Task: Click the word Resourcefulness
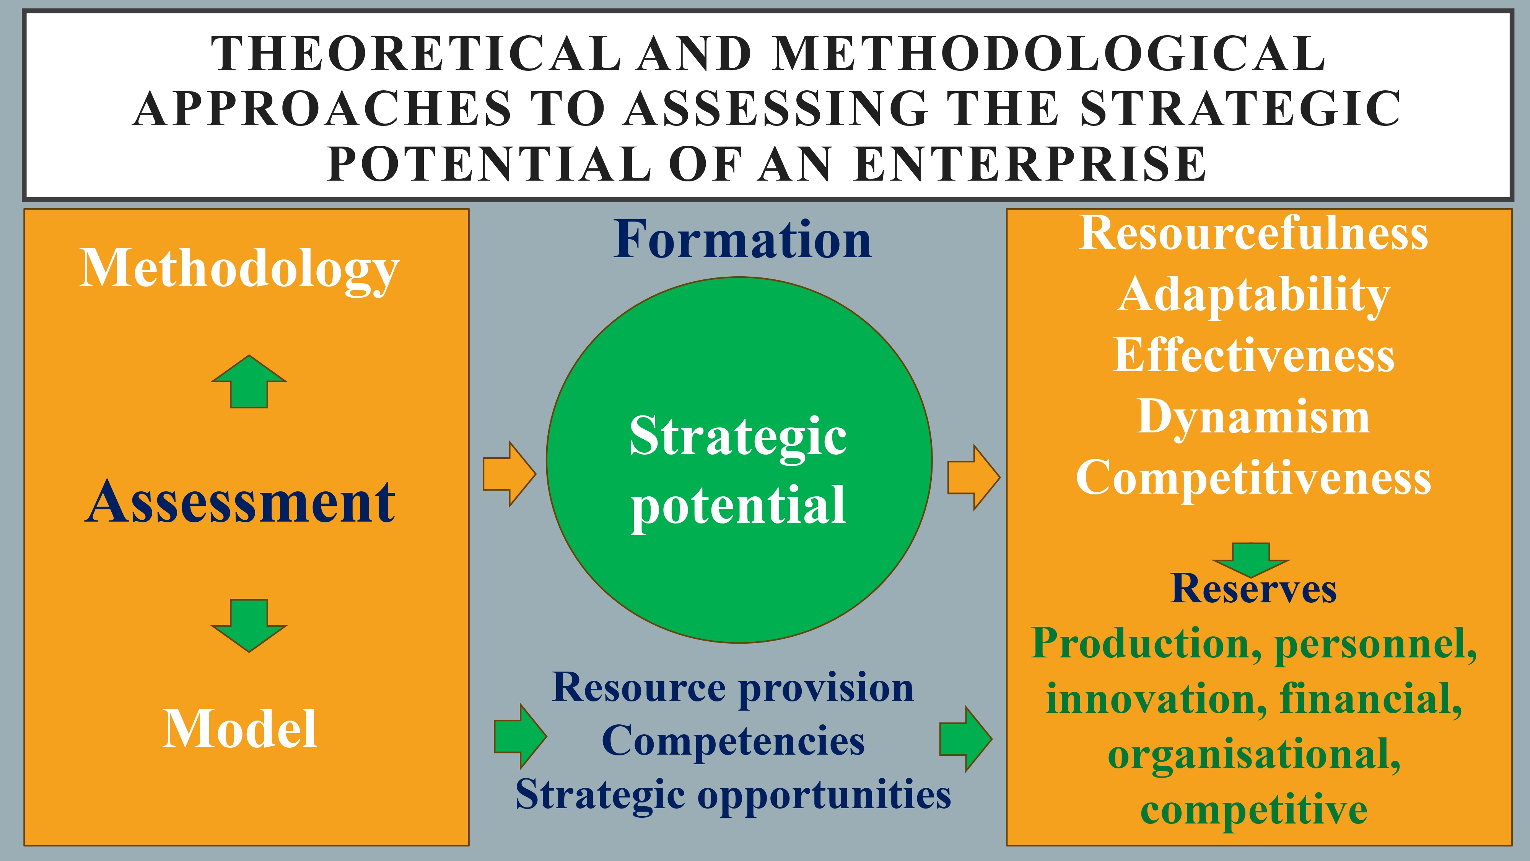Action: click(x=1253, y=233)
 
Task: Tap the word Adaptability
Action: click(x=1253, y=295)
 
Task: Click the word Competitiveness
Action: click(x=1253, y=478)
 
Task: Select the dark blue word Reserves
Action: click(x=1253, y=589)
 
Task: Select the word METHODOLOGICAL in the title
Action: click(x=1050, y=54)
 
